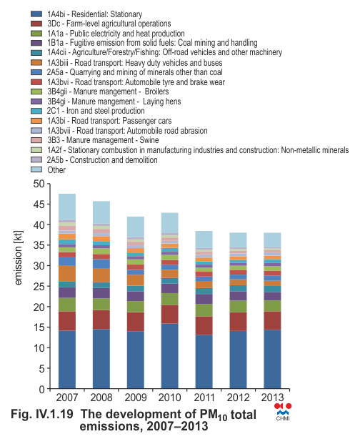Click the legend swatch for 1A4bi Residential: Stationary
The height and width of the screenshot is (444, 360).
click(x=36, y=14)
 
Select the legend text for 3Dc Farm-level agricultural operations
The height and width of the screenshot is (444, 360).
click(x=109, y=24)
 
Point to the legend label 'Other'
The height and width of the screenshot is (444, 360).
click(x=56, y=170)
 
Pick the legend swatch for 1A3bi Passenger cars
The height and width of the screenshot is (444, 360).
click(x=36, y=121)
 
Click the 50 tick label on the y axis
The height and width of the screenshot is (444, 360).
click(x=39, y=184)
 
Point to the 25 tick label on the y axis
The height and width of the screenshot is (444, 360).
click(x=39, y=286)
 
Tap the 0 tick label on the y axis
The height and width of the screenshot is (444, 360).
click(x=42, y=389)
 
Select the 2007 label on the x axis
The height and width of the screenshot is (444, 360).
click(x=67, y=398)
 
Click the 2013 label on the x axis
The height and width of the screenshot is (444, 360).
click(x=272, y=398)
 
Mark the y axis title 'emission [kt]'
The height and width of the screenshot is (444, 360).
click(x=18, y=258)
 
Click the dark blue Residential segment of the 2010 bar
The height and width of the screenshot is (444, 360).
click(x=170, y=356)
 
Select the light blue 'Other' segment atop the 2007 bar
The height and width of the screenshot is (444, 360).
click(x=67, y=207)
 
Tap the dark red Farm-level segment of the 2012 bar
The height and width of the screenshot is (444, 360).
click(x=238, y=322)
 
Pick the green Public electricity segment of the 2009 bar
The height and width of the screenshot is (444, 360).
click(x=136, y=307)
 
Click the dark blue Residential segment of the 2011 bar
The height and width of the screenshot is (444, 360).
click(x=204, y=362)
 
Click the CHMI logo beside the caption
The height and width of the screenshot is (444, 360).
click(x=283, y=412)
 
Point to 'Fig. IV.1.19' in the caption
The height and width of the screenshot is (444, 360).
click(x=42, y=414)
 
